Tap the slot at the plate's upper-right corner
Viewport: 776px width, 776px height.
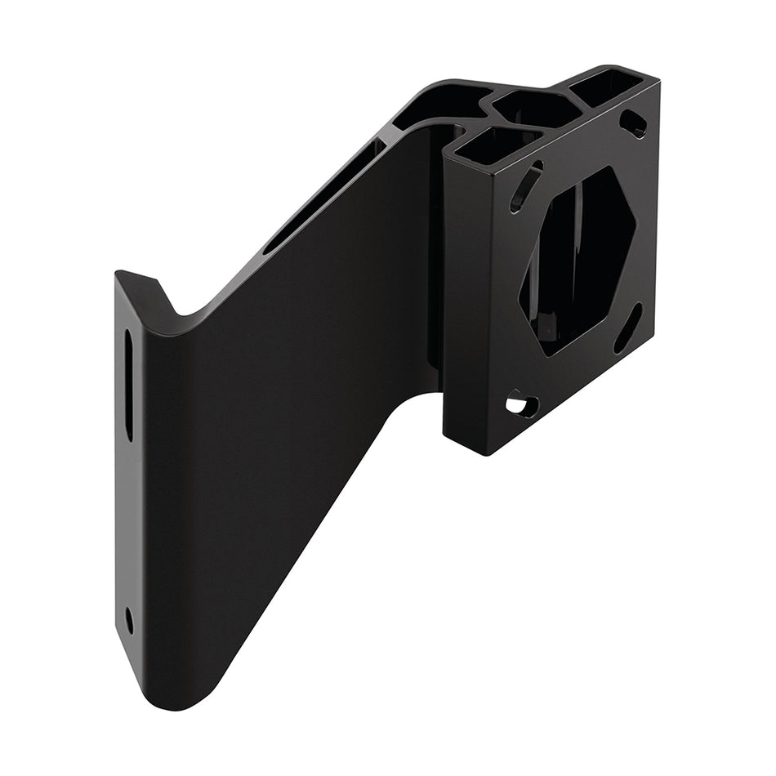pyautogui.click(x=633, y=123)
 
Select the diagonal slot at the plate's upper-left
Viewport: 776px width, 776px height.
pyautogui.click(x=526, y=186)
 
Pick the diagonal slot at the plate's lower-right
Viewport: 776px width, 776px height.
pyautogui.click(x=627, y=328)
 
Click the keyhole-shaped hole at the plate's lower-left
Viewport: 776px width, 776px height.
pyautogui.click(x=520, y=404)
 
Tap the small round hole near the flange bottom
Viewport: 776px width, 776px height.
pyautogui.click(x=129, y=619)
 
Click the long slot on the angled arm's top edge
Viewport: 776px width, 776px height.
pyautogui.click(x=327, y=196)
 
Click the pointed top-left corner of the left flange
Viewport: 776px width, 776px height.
pyautogui.click(x=118, y=274)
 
